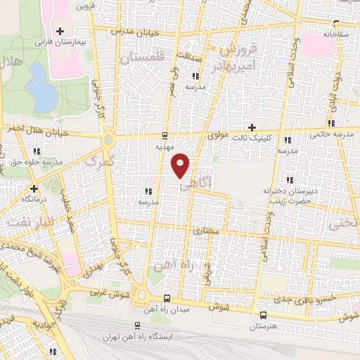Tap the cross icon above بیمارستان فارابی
point(60,31)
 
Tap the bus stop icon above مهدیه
point(164,136)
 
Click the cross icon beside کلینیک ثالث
point(252,127)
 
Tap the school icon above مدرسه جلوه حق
point(37,150)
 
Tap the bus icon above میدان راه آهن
point(167,297)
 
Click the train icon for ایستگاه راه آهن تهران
point(136,326)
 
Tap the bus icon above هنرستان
point(263,315)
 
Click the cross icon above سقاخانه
point(329,22)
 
